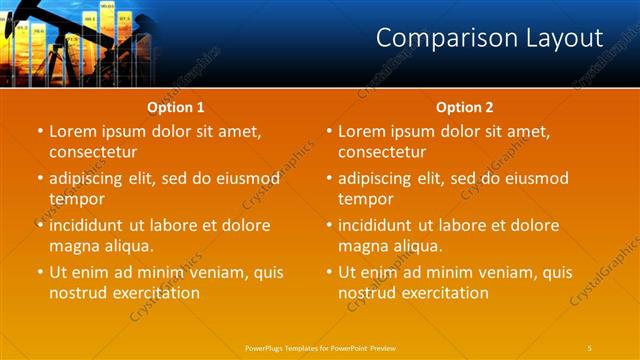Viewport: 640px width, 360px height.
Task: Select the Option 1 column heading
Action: tap(176, 107)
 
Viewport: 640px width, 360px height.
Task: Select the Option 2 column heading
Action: tap(465, 107)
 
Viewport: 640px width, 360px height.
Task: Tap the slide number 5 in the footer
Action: tap(590, 347)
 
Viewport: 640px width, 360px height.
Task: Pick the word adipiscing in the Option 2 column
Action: tap(378, 178)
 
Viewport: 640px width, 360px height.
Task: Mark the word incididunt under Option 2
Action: tap(379, 225)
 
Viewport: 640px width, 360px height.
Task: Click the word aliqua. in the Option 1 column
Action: tap(126, 246)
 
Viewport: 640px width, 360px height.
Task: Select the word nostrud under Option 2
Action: tap(366, 293)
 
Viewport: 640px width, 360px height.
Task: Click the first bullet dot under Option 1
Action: tap(40, 132)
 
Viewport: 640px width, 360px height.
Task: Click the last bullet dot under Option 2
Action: tap(329, 273)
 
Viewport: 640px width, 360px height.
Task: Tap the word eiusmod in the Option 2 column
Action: tap(533, 178)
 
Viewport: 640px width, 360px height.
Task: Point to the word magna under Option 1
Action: tap(72, 246)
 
